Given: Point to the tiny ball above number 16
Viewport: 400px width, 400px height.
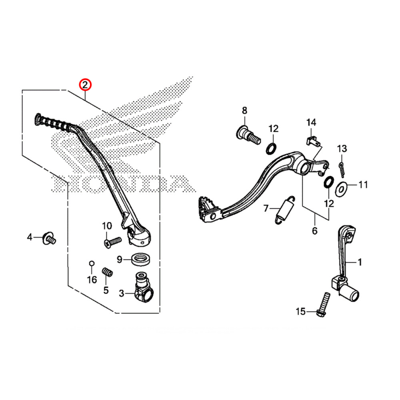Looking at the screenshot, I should [92, 263].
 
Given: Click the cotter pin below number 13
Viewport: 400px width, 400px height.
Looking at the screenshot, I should [342, 168].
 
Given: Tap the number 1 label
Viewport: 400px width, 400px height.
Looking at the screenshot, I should [359, 262].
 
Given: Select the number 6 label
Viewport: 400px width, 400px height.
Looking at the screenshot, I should [314, 230].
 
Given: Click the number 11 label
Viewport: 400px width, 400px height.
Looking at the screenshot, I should [362, 185].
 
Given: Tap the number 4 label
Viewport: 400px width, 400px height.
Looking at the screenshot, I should [29, 238].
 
